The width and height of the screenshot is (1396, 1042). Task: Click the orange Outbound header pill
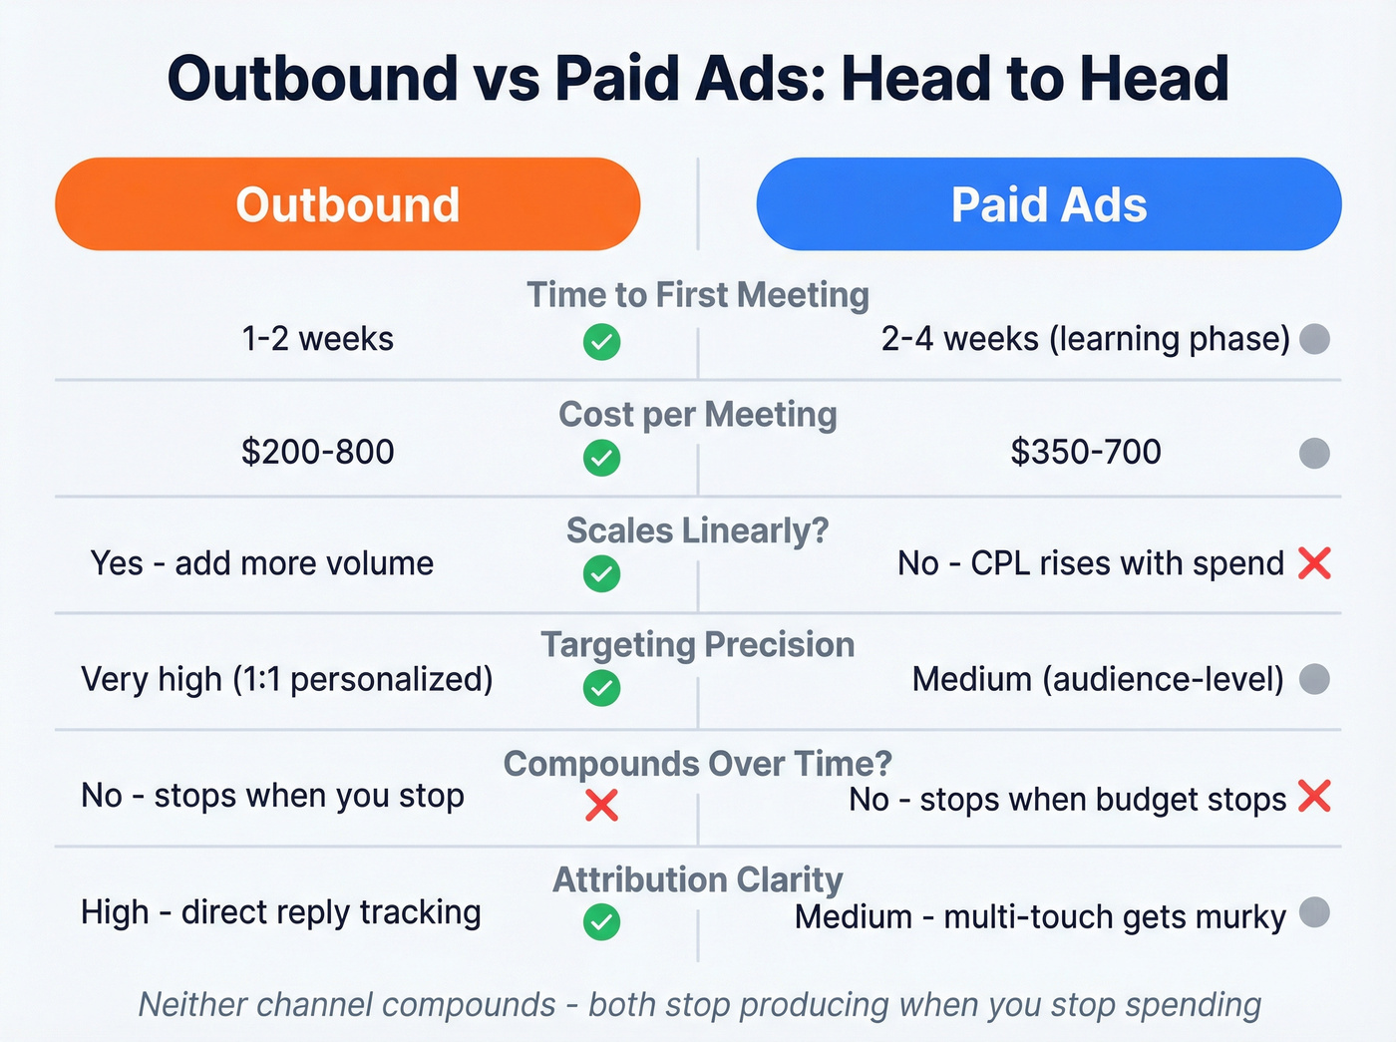347,204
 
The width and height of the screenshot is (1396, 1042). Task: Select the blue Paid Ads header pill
1049,204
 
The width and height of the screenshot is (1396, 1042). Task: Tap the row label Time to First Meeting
698,295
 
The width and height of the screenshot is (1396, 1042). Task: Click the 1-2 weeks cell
317,339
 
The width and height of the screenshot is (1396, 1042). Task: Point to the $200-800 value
317,452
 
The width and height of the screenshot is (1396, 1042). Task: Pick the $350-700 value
1086,452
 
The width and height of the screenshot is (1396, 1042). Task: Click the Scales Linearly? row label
698,530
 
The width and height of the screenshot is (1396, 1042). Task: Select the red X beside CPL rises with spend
1315,563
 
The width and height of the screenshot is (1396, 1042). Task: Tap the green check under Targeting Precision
601,688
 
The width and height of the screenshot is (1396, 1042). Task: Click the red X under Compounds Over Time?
601,805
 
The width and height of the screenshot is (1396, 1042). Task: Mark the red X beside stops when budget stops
1315,797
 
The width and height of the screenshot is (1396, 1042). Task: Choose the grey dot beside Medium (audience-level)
1315,679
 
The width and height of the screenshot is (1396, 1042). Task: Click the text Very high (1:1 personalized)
287,679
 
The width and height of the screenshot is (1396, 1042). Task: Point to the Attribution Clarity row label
698,879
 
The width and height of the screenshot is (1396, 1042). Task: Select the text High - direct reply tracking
281,912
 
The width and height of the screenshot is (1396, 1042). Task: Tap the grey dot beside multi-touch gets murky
1315,911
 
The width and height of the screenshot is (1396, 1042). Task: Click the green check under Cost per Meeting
601,459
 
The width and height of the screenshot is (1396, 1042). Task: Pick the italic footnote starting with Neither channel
698,1004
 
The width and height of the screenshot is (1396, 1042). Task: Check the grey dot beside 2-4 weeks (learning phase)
1315,339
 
